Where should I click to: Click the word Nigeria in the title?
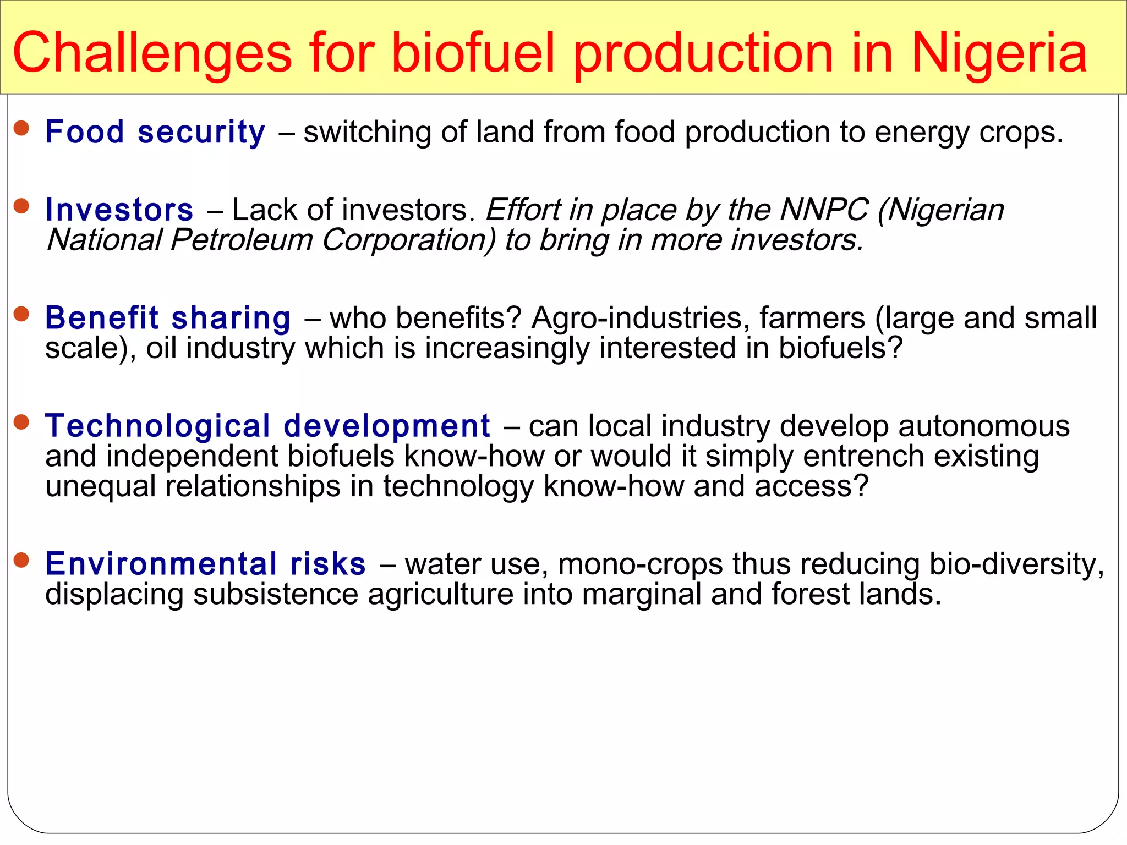tap(999, 53)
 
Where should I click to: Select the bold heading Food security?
tap(155, 133)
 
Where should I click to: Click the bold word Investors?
tap(119, 210)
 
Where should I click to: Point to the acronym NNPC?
tap(824, 210)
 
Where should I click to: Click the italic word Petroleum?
tap(242, 240)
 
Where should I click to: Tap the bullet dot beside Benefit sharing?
tap(21, 314)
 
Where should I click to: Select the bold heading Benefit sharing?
tap(168, 319)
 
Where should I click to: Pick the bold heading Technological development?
tap(267, 426)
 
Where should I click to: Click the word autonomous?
tap(984, 426)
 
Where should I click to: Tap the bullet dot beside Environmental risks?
tap(21, 560)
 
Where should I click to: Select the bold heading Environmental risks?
tap(205, 564)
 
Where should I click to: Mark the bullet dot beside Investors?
tap(21, 206)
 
